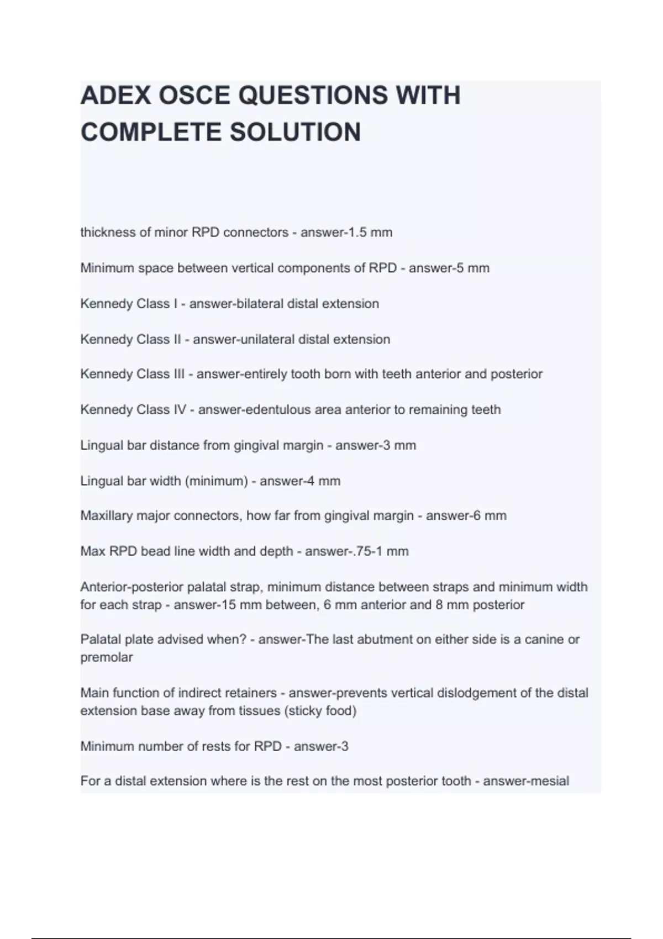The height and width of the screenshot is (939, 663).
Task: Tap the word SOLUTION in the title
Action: point(295,133)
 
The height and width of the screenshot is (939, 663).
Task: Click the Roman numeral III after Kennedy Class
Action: point(179,374)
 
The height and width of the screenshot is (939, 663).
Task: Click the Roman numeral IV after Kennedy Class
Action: point(180,410)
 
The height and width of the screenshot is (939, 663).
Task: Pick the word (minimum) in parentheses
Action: point(216,481)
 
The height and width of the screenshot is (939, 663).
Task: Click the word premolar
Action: point(107,658)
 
